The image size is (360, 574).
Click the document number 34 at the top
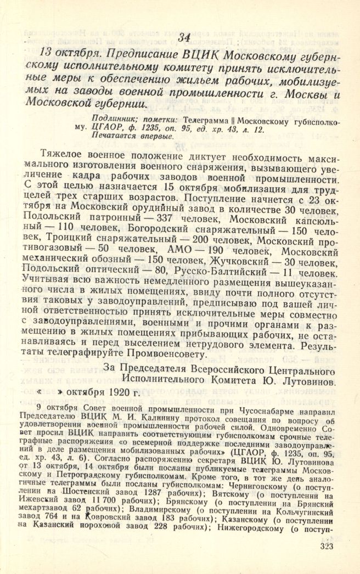[184, 37]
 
